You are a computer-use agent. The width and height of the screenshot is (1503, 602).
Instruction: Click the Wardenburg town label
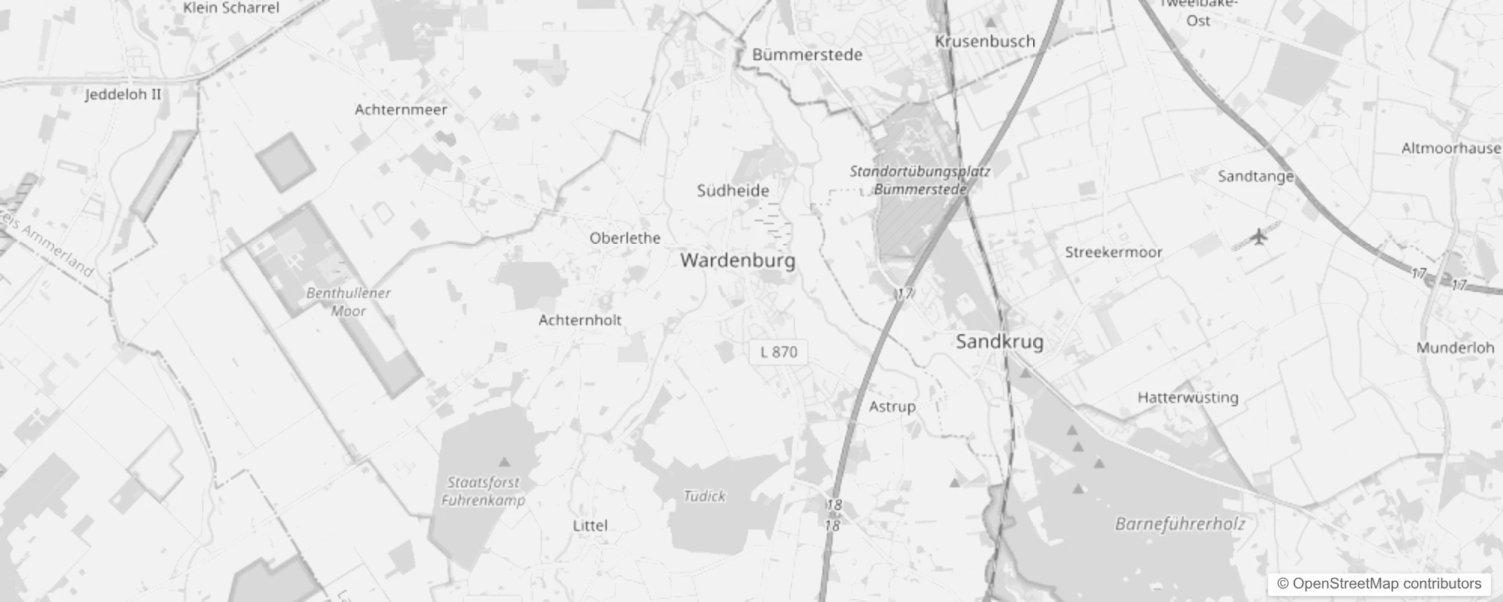[737, 261]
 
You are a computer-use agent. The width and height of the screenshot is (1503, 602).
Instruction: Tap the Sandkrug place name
[999, 342]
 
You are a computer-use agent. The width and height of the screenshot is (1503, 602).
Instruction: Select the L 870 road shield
[779, 352]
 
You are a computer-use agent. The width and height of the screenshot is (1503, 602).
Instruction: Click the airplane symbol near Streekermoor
[1258, 237]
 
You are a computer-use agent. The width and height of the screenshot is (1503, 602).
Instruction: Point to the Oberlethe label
[625, 238]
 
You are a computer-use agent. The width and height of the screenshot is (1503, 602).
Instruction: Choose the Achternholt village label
[580, 320]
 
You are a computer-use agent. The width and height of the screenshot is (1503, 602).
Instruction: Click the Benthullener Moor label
[348, 301]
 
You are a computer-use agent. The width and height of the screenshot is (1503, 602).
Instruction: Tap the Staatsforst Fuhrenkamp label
[483, 491]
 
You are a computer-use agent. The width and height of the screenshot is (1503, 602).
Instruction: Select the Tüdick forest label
[704, 496]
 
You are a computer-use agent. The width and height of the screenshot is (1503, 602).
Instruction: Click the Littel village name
[590, 525]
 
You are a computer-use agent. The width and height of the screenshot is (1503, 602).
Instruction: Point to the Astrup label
[892, 406]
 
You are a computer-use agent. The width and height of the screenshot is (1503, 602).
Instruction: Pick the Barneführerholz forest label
[1179, 524]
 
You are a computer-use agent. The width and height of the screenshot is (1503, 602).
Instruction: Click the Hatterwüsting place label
[1187, 397]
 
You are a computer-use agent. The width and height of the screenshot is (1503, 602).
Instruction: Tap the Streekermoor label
[1113, 252]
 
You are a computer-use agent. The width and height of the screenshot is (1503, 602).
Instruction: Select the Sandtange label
[1255, 176]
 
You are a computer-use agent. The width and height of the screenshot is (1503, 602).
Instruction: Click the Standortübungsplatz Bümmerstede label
[919, 181]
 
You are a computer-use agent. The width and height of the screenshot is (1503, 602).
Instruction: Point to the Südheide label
[733, 190]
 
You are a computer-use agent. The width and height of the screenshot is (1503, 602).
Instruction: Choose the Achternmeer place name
[401, 110]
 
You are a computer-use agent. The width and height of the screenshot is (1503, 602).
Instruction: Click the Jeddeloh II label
[123, 95]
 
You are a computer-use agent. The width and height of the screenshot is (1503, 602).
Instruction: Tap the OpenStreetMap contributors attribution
[1379, 584]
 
